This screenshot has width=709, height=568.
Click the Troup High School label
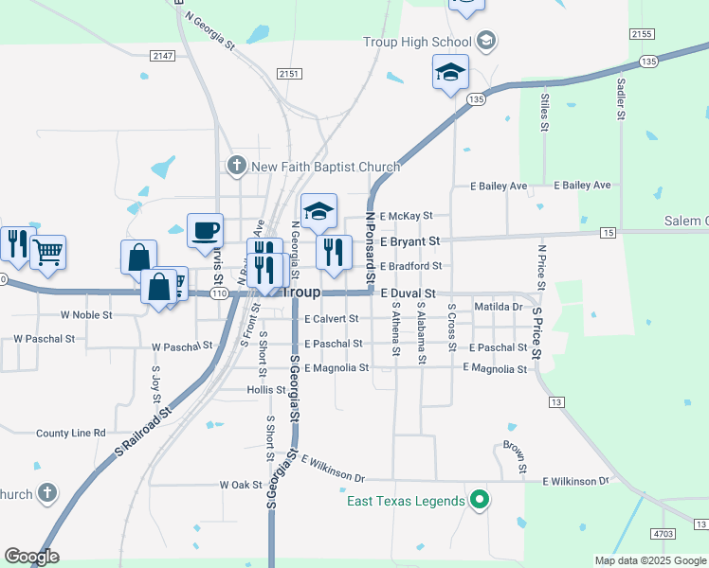point(417,42)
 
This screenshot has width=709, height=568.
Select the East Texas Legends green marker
point(480,500)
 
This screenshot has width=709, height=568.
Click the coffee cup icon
point(205,230)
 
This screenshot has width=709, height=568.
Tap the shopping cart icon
point(47,252)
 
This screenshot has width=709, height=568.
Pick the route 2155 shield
point(642,33)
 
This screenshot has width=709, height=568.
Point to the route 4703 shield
point(664,534)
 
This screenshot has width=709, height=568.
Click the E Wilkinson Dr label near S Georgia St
point(333,468)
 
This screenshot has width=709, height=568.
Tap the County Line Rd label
point(71,433)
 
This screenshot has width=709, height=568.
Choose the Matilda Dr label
point(499,307)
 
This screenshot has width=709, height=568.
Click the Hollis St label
point(260,390)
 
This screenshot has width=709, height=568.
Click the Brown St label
point(514,456)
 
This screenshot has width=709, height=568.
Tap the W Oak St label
point(241,485)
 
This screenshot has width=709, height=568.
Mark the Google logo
point(31,557)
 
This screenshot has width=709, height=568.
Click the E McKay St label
point(406,216)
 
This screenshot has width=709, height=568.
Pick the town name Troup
point(301,293)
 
